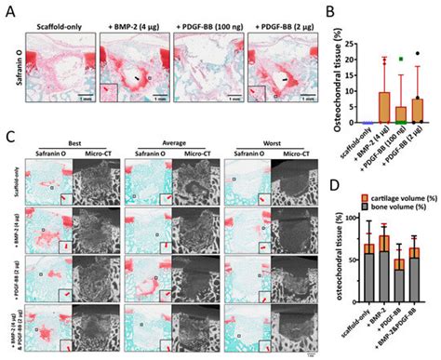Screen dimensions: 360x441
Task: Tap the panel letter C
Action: [7, 136]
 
